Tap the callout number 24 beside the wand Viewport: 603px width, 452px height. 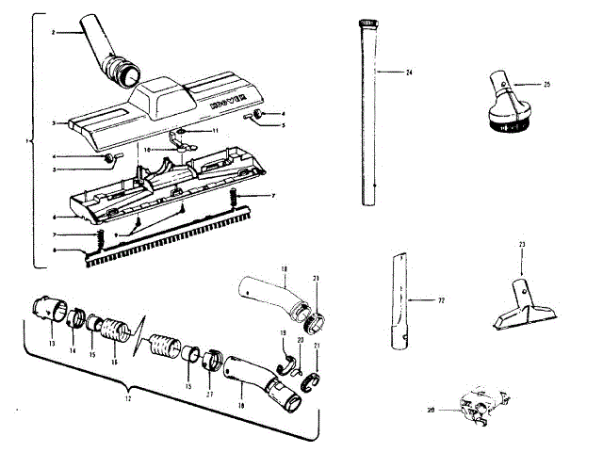point(410,73)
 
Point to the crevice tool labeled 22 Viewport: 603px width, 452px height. point(400,299)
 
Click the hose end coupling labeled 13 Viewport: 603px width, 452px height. point(49,315)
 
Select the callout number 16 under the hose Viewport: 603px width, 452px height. point(115,362)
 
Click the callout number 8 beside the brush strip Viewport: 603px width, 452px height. point(57,250)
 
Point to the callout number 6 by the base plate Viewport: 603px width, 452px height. point(57,218)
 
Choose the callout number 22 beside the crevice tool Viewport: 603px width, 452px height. point(440,300)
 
